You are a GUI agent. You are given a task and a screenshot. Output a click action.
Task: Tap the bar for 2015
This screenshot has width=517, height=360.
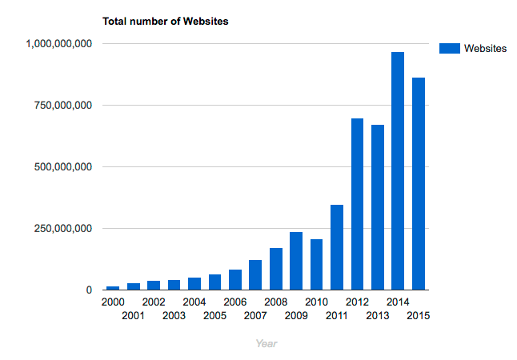418,183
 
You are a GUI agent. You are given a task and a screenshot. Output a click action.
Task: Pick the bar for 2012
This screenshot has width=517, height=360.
357,204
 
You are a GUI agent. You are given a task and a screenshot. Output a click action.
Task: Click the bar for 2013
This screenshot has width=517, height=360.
377,207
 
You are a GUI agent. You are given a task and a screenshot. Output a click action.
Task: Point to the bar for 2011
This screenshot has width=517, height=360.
337,247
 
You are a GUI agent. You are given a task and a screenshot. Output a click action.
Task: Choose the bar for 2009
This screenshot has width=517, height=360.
296,261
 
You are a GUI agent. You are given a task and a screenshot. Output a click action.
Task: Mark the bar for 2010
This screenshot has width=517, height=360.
316,264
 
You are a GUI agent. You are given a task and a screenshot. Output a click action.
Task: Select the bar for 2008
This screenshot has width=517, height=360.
275,269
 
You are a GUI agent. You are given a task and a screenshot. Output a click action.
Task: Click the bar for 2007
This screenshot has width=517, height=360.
255,274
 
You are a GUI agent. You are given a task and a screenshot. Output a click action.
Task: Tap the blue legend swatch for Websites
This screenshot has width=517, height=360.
450,49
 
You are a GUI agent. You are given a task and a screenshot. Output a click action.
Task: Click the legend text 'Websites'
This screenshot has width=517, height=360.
485,49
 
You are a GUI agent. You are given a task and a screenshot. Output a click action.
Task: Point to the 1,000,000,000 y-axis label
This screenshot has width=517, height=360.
59,43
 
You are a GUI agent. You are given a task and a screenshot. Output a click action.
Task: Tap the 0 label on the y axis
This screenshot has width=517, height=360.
89,290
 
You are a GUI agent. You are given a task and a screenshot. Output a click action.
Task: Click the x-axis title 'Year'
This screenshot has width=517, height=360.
267,343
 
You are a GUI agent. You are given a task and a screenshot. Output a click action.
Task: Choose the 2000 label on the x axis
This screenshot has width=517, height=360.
113,302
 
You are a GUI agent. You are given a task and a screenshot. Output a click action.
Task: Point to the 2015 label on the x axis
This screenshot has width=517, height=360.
418,315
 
